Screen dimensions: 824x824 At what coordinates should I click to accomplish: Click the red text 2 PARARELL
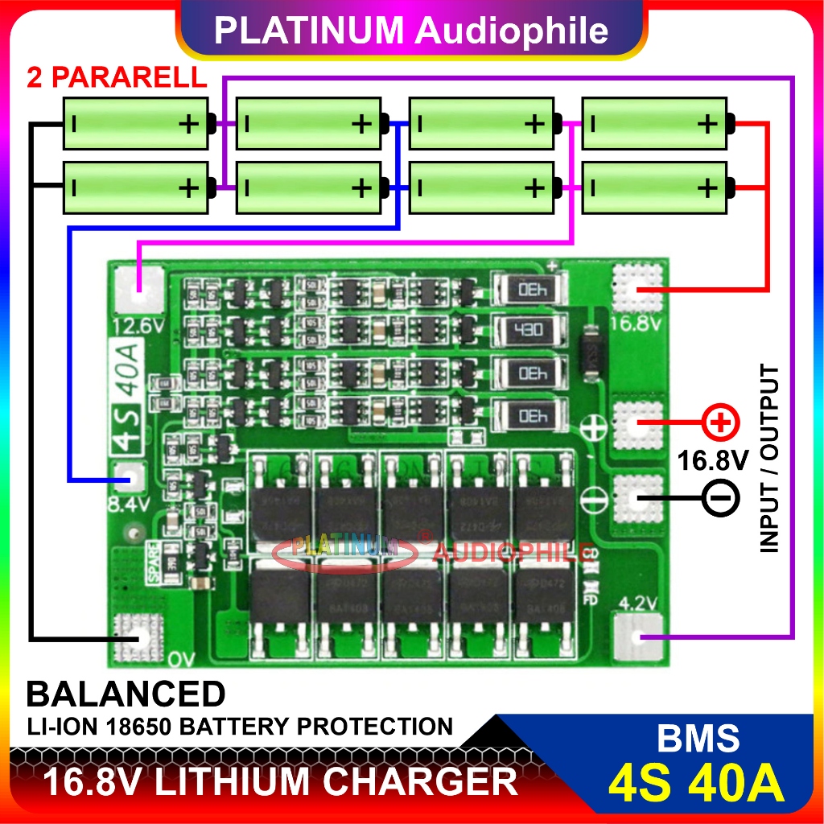coord(117,78)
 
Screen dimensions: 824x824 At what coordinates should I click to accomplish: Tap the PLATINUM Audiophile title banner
coord(411,30)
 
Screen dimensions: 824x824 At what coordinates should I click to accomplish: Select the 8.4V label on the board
coord(129,505)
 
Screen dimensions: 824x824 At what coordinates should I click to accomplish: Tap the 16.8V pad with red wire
coord(640,288)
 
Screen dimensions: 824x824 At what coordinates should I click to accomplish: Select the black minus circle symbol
coord(721,499)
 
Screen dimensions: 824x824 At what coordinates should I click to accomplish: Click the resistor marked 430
coord(529,329)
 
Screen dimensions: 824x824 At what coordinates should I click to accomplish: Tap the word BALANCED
coord(126,694)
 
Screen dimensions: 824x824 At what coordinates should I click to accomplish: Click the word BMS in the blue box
coord(696,738)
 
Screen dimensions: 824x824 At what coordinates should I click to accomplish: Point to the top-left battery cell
coord(135,123)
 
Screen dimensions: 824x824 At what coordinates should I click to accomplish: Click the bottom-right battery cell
coord(654,187)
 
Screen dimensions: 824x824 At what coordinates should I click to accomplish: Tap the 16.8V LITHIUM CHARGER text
coord(279,781)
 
